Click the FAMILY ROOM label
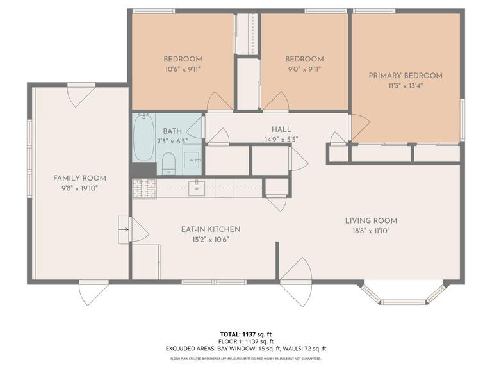click(x=79, y=178)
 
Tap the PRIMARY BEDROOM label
click(x=406, y=76)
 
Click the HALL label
click(x=281, y=129)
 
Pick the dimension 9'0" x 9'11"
click(x=304, y=69)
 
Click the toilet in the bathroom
click(x=168, y=163)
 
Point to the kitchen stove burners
click(x=144, y=188)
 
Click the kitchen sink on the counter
click(x=197, y=187)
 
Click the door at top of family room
click(x=81, y=95)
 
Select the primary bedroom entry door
click(x=359, y=127)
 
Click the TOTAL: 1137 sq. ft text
click(x=246, y=334)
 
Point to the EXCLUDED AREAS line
click(x=246, y=348)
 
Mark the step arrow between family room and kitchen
click(x=123, y=229)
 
